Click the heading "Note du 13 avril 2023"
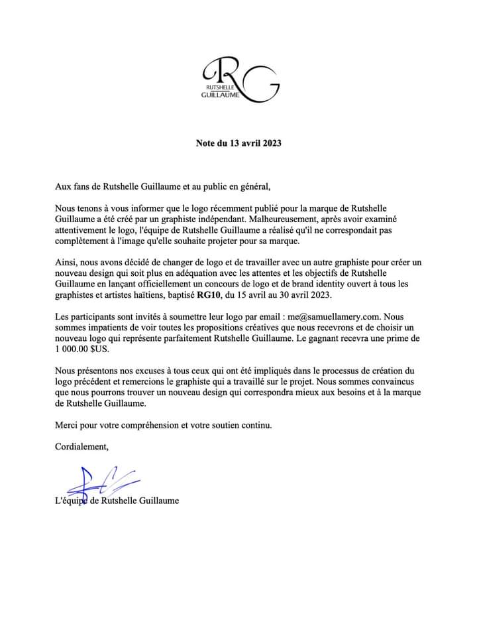tap(238, 143)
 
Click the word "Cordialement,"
tap(81, 446)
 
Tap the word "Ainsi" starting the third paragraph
tap(66, 264)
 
